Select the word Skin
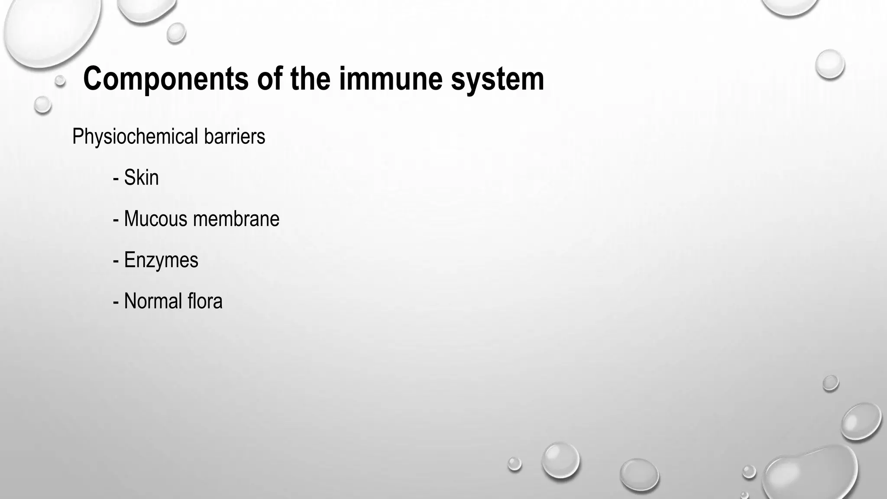pos(141,178)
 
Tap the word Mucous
pos(156,219)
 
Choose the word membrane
pos(236,219)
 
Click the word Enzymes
pos(161,260)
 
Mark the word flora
pos(205,301)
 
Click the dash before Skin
pos(116,178)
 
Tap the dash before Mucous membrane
pos(116,220)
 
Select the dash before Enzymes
pos(116,261)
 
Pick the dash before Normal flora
pos(116,302)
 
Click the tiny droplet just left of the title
pos(60,80)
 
